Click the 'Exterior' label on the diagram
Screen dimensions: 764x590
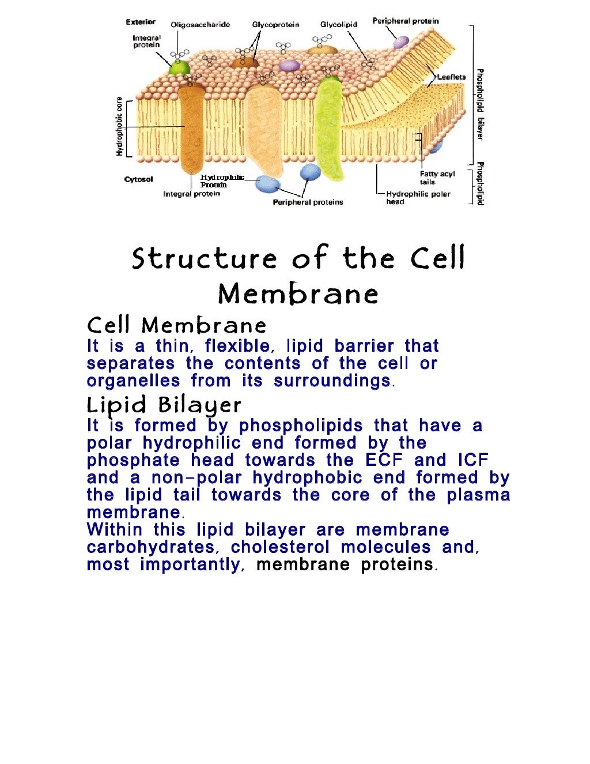point(141,22)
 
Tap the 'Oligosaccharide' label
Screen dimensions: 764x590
point(200,25)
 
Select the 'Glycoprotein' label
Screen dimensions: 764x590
point(275,25)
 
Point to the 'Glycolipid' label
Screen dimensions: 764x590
point(339,25)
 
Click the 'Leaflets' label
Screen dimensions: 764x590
point(451,77)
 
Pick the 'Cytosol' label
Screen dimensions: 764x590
point(138,179)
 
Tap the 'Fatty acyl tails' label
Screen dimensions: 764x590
point(437,178)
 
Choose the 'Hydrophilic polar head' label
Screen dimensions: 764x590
point(418,198)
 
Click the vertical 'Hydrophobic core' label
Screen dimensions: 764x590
point(119,126)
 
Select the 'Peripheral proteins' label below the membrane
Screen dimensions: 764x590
point(308,202)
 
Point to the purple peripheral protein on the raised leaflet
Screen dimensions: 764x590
point(400,42)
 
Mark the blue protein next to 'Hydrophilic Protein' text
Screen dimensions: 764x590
point(267,184)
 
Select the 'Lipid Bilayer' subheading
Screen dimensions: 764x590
point(164,405)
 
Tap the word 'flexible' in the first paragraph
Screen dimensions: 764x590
point(237,346)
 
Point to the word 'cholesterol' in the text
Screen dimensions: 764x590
point(280,547)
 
